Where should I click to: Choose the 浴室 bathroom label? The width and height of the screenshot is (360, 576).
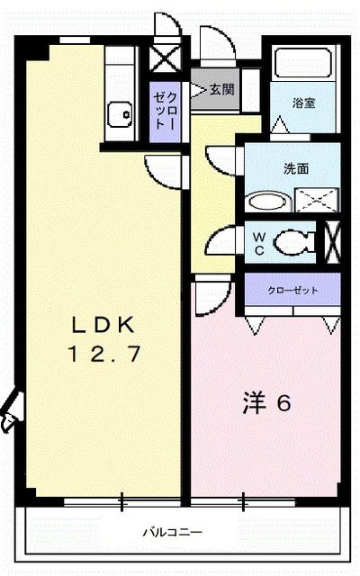303,103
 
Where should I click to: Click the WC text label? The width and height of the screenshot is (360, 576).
257,242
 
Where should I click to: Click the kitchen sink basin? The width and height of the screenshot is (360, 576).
119,113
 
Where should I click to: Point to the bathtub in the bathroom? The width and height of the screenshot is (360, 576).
304,65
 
